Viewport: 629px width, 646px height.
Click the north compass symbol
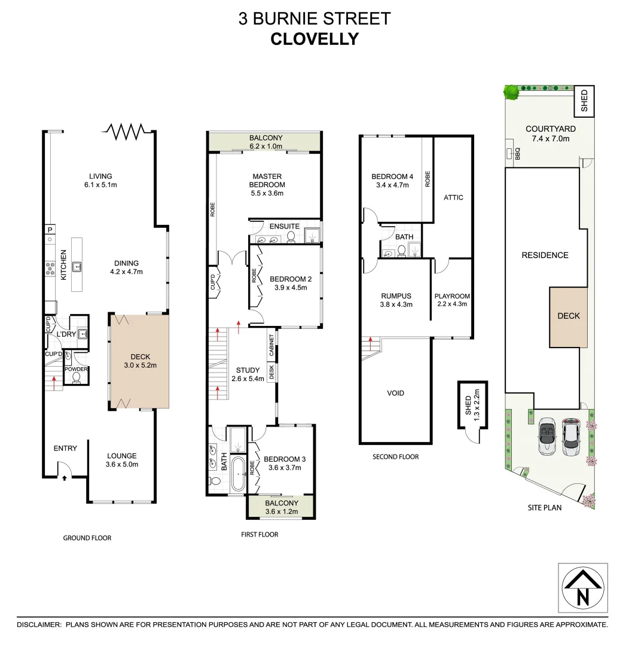coord(583,589)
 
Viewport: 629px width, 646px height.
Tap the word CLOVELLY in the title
coord(314,39)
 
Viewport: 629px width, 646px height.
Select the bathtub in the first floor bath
coord(238,474)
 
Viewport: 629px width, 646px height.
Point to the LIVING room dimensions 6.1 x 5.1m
coord(101,185)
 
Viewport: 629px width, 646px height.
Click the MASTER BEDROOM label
coord(267,180)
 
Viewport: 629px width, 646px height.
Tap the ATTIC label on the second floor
coord(453,197)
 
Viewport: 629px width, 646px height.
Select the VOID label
coord(395,393)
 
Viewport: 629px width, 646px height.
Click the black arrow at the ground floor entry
coord(65,477)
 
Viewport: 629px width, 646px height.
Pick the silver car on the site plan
coord(548,435)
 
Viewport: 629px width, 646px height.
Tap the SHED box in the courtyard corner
coord(584,102)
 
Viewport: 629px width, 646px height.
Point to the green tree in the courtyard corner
coord(511,92)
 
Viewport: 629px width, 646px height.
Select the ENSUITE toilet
coord(291,237)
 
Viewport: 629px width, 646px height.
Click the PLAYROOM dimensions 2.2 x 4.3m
coord(451,304)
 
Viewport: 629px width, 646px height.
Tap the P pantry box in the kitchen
coord(50,230)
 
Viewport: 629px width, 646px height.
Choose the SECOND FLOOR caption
coord(395,456)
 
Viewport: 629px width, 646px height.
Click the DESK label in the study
coord(271,373)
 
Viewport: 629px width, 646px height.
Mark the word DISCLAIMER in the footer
coord(39,624)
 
